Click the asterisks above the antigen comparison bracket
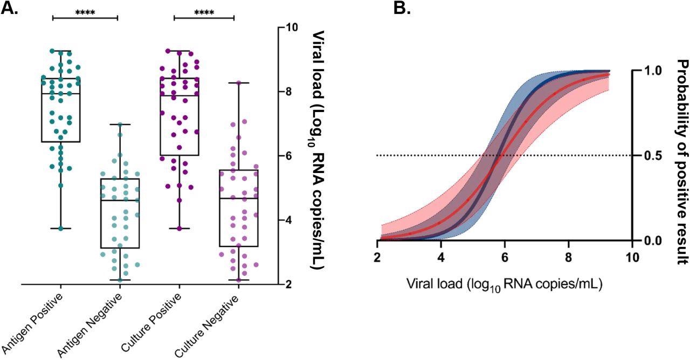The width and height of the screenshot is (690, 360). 85,11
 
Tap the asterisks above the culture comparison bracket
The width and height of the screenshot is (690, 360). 204,11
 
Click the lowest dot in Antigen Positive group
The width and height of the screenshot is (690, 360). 61,229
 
